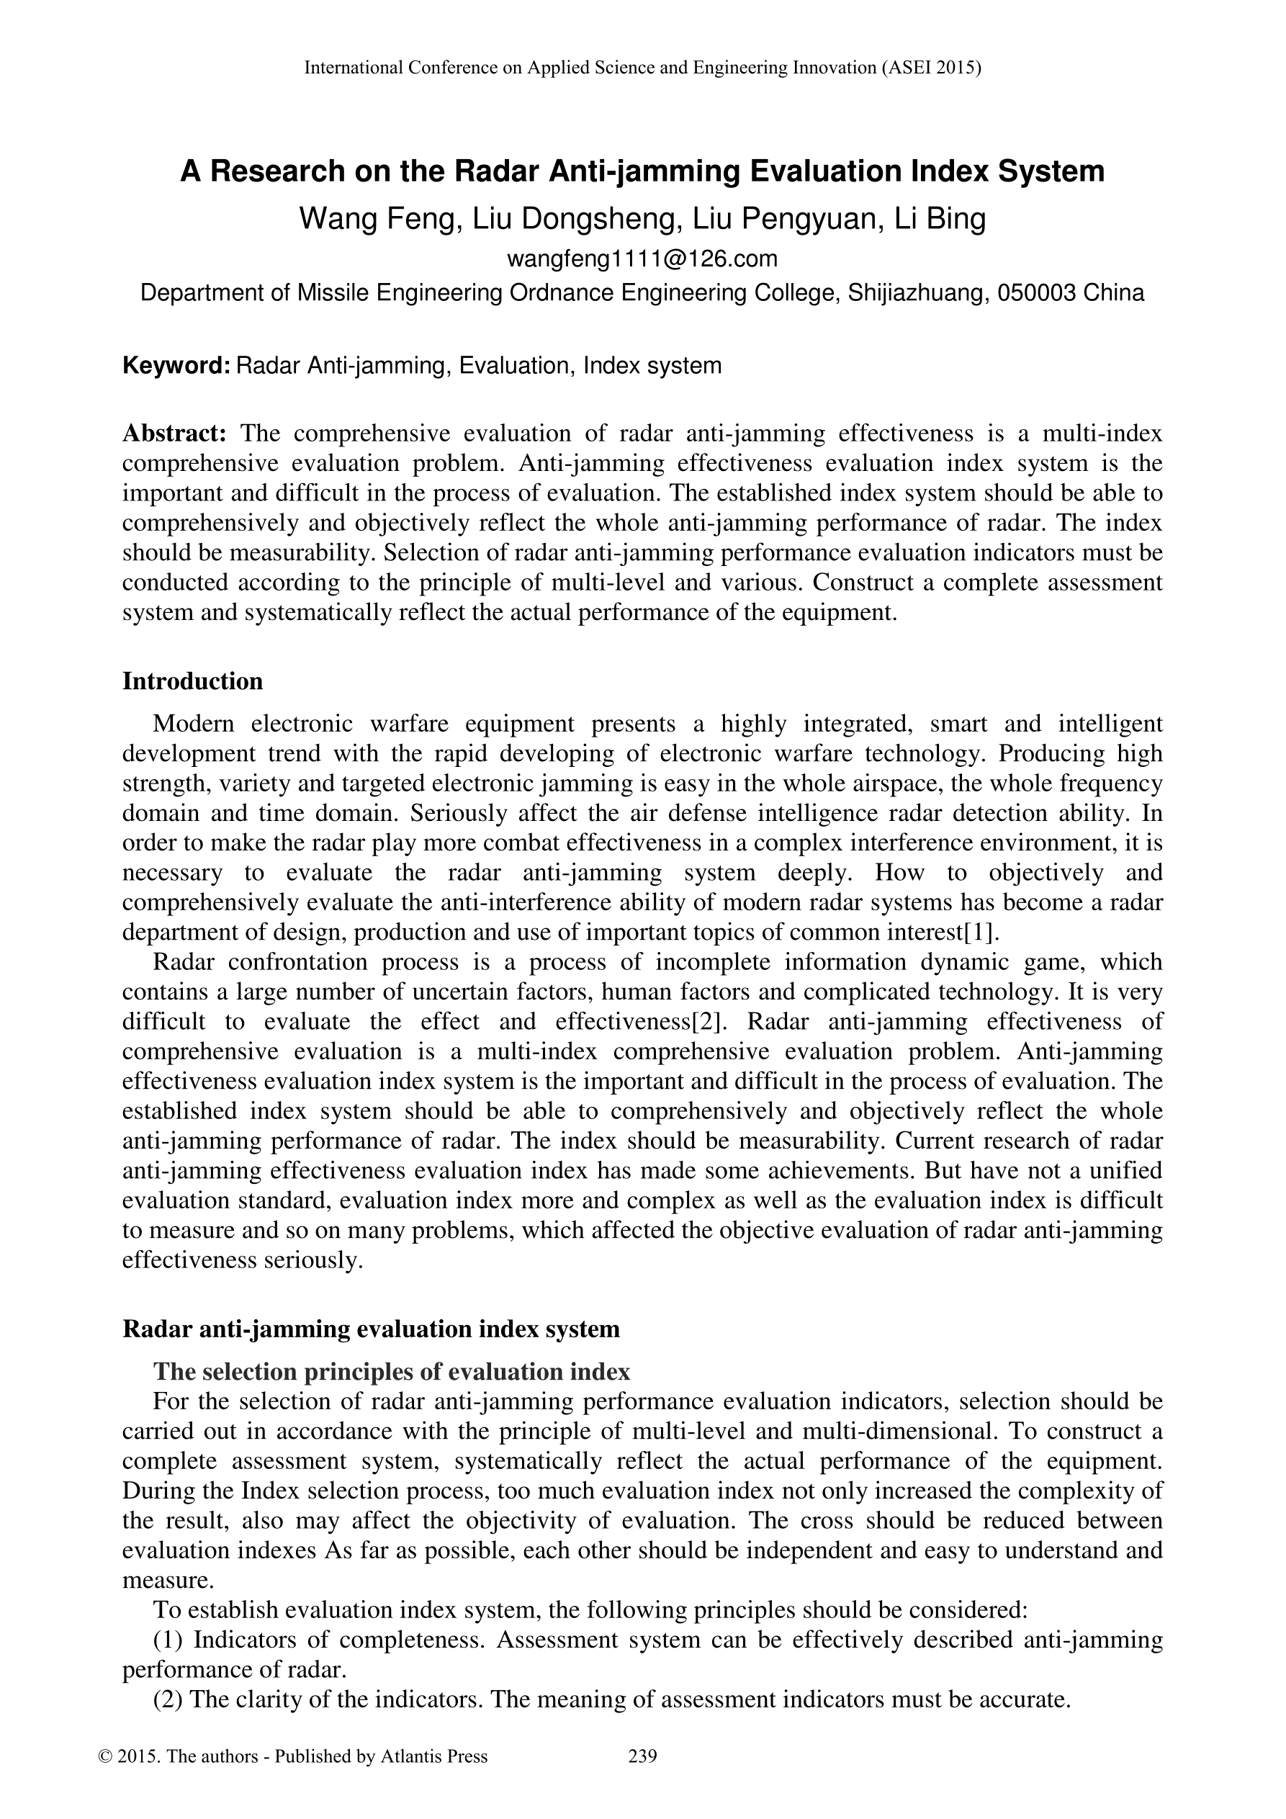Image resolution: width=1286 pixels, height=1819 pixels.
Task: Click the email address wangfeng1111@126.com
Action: pos(642,259)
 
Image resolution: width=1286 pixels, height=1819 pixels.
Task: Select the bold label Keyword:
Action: pos(176,366)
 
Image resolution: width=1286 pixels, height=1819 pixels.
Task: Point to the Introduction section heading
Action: pos(192,681)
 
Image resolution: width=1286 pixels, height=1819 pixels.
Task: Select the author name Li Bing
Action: pos(940,219)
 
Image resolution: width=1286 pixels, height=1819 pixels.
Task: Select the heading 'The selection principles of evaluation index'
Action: pos(392,1371)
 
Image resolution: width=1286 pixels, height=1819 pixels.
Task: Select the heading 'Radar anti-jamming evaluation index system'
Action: pos(371,1329)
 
